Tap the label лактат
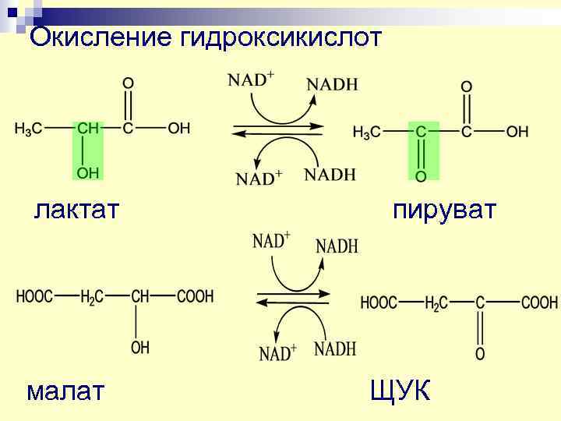(76, 210)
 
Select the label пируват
(444, 210)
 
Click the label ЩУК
(400, 390)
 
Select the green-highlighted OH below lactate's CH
(87, 172)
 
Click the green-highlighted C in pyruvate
(421, 132)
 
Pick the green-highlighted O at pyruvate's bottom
(421, 177)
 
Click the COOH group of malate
(195, 296)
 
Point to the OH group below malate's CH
(140, 348)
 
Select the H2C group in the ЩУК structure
(436, 302)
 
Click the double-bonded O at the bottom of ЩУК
(480, 355)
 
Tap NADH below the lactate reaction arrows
(330, 173)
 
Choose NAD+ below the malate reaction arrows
(277, 354)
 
